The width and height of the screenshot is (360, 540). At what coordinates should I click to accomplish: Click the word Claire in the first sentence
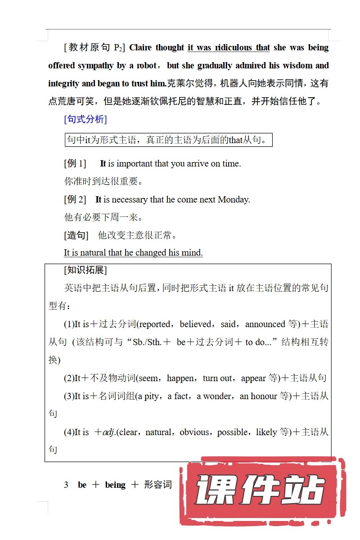point(140,48)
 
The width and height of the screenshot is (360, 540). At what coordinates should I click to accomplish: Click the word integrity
point(63,84)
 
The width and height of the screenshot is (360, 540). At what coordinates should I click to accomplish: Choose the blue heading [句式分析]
point(85,119)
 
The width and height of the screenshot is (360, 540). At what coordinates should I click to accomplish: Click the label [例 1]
point(75,163)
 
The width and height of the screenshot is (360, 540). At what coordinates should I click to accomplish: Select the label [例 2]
point(75,199)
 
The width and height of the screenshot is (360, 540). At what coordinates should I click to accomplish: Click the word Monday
point(233,199)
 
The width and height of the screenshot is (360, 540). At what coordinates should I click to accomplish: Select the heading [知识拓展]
point(85,270)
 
